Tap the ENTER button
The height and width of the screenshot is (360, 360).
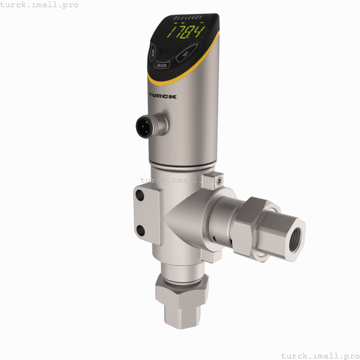click(161, 65)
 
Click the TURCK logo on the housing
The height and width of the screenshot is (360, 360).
click(163, 96)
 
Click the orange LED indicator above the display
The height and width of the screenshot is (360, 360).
click(202, 23)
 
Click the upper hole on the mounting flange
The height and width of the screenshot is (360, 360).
click(140, 195)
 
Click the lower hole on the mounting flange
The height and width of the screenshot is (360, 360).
click(140, 229)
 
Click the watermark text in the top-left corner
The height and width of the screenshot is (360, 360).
click(40, 5)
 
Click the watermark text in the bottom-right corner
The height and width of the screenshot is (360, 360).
click(320, 355)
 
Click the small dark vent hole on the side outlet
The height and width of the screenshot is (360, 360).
click(213, 238)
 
